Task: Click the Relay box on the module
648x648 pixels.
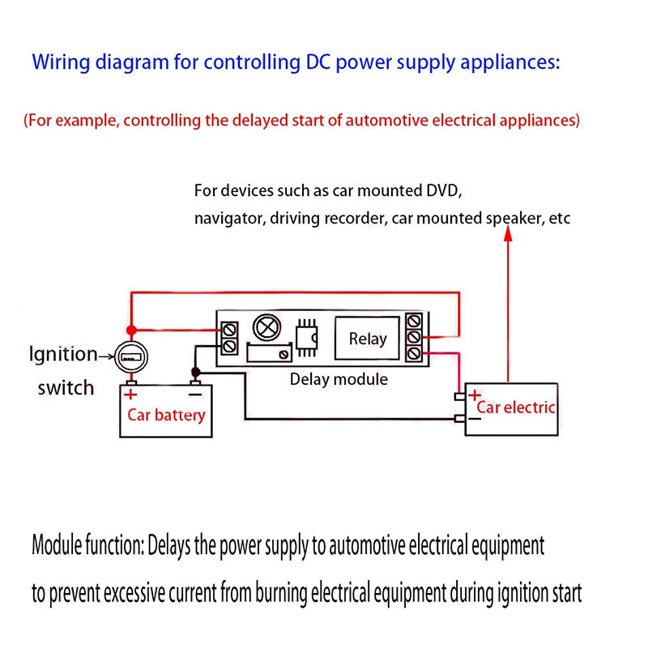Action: coord(368,338)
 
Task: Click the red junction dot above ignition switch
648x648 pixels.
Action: coord(130,330)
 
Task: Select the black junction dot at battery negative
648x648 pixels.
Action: coord(194,373)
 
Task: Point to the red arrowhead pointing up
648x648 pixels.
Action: coord(508,234)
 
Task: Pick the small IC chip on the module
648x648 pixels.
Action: coord(307,336)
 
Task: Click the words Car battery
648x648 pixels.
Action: coord(167,416)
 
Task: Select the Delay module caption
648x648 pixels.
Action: coord(339,379)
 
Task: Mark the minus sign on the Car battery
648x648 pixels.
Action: coord(194,394)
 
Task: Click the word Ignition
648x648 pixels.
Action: coord(62,354)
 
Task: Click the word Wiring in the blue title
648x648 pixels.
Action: coord(60,62)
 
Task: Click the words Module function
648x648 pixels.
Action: coord(87,546)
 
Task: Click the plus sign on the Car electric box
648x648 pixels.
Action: coord(475,394)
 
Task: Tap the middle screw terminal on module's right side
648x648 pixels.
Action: coord(416,335)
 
